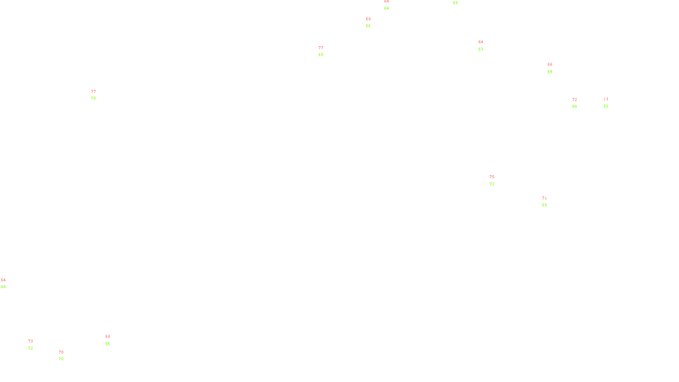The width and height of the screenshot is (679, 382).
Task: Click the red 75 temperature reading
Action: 492,177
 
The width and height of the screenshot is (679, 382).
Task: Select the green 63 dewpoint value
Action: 481,49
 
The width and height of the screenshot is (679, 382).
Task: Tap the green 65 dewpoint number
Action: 606,107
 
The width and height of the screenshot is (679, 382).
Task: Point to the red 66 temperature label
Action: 550,65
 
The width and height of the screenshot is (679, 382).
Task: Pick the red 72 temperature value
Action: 575,100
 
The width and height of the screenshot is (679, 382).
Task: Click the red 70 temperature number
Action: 61,352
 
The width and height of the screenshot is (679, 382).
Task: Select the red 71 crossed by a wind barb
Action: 606,100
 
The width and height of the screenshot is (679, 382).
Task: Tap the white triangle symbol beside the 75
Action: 492,181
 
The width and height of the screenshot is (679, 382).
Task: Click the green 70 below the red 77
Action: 93,98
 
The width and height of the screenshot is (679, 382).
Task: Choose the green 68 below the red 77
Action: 321,55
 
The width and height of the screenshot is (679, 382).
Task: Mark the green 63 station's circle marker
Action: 485,45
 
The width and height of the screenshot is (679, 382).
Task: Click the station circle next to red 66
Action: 554,68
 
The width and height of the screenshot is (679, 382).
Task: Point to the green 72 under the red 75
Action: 492,184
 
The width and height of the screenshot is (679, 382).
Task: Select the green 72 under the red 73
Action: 31,348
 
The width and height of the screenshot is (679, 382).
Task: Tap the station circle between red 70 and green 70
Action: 65,356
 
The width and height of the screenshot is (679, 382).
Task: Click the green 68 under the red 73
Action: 544,205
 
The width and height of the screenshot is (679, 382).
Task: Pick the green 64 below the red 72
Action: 575,107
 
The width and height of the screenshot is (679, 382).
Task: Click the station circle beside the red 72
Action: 578,103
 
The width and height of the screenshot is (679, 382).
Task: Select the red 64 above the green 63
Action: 481,42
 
